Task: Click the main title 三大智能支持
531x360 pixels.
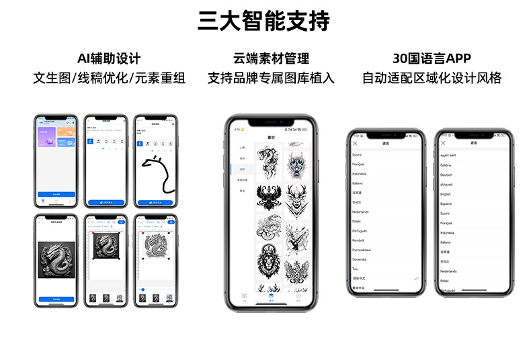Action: point(264,21)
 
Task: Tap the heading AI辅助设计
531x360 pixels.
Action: point(109,58)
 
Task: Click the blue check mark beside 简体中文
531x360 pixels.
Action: point(416,277)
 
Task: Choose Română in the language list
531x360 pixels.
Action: point(361,240)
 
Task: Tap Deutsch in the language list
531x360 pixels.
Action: point(446,175)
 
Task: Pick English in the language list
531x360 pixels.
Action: point(446,194)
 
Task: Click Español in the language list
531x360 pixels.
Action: point(446,204)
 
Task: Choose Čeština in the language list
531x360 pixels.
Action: point(446,165)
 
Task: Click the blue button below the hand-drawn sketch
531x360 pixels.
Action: point(155,201)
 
